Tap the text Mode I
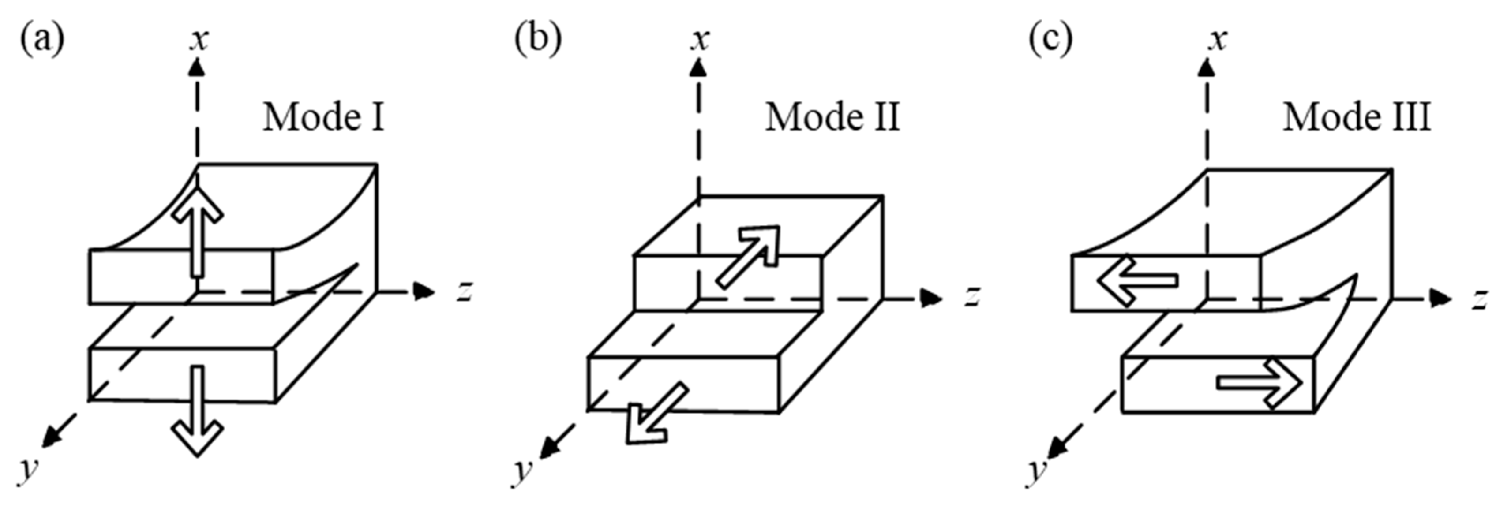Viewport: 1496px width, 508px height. coord(323,117)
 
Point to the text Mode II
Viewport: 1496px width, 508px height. coord(832,117)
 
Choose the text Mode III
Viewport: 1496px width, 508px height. coord(1357,117)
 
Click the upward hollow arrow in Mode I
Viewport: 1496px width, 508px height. coord(198,232)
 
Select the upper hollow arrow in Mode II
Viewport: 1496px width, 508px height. coord(749,255)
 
